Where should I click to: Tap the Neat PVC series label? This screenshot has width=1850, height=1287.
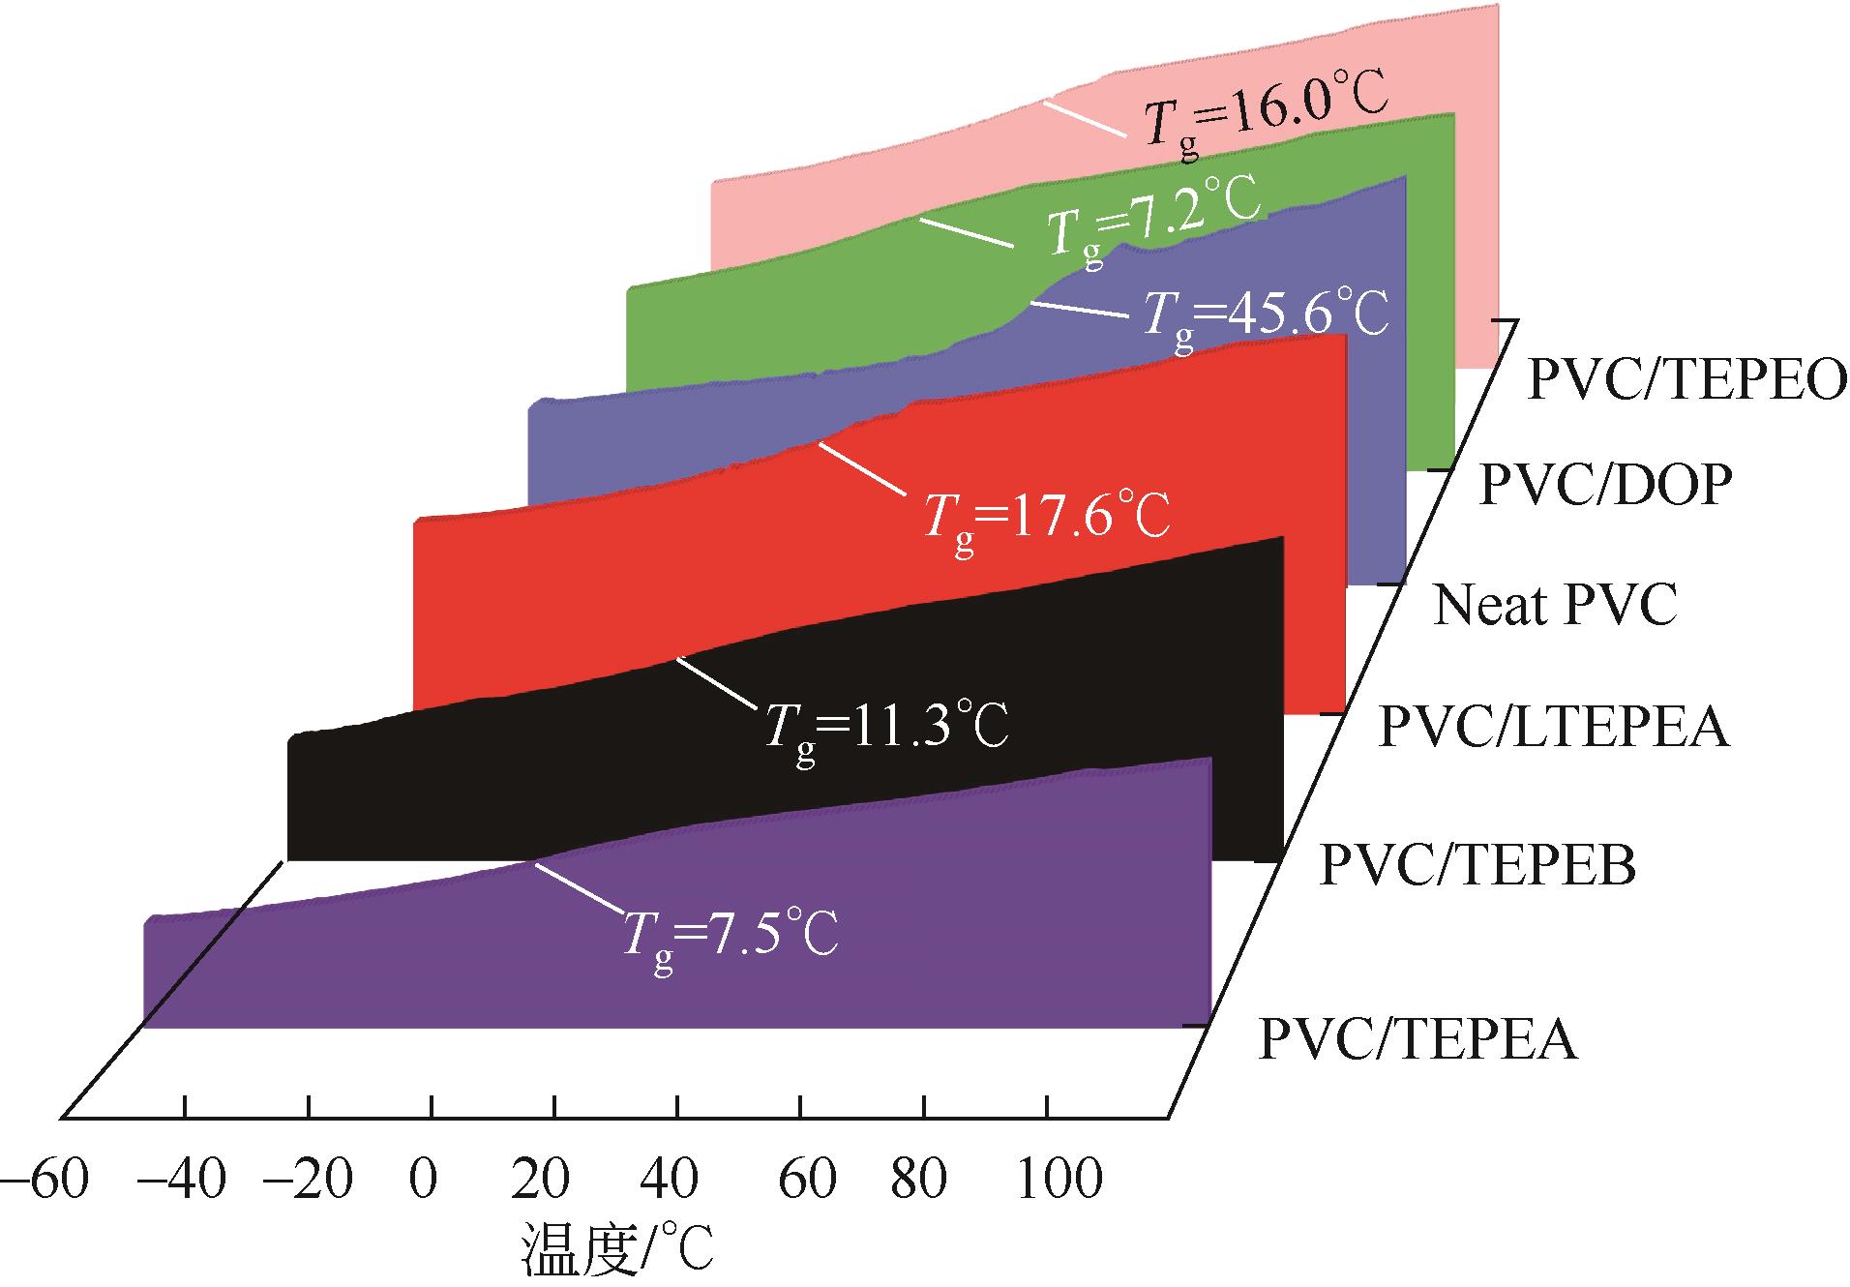1554,605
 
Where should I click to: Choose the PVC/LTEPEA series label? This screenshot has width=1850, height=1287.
1553,727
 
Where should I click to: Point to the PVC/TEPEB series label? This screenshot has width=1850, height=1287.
1477,864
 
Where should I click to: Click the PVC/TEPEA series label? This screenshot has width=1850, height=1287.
1417,1039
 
